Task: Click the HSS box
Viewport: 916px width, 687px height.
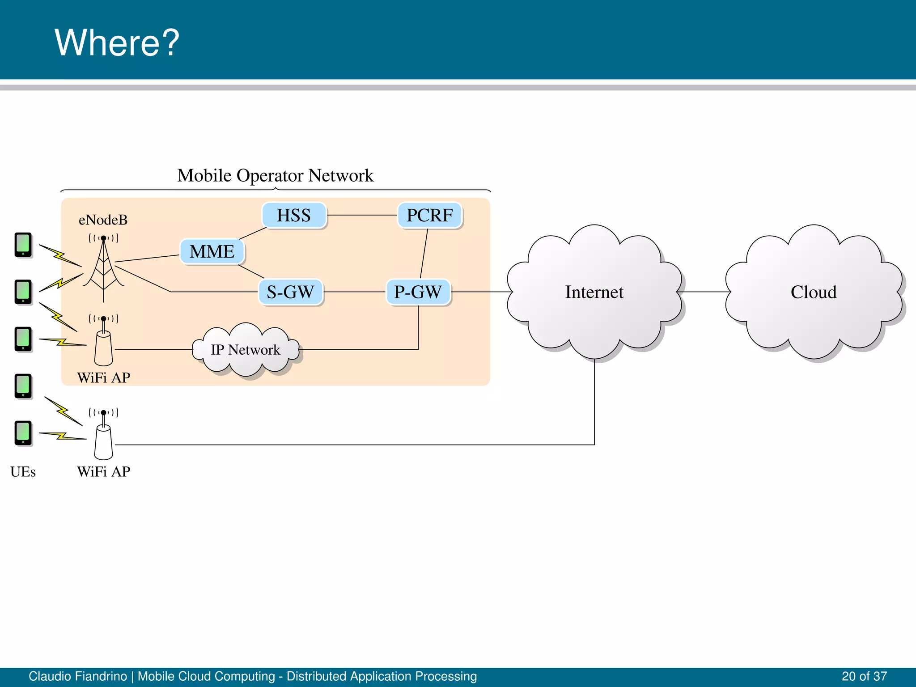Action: coord(294,216)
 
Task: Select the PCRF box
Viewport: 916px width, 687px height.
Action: coord(429,216)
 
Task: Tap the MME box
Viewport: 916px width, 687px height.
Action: coord(212,252)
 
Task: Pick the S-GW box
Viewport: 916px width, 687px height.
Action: coord(290,292)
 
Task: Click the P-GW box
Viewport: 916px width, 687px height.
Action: coord(418,292)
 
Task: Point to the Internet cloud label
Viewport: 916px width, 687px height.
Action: coord(594,292)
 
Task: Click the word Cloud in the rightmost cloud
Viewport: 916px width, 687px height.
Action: coord(813,292)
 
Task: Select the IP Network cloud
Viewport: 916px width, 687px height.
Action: coord(246,350)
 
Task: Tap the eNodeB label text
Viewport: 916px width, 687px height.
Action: coord(103,220)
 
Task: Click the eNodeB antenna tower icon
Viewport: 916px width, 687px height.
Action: coord(104,268)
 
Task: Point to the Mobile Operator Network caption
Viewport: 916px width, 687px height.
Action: coord(275,175)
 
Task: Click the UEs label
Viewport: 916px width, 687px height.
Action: coord(23,472)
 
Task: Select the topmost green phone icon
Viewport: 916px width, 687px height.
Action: coord(23,245)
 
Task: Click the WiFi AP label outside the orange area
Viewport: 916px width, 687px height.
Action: coord(104,472)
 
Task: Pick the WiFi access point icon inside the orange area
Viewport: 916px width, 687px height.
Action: coord(104,347)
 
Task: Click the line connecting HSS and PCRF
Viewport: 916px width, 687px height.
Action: coord(362,215)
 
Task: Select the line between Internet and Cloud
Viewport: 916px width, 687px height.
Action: coord(704,292)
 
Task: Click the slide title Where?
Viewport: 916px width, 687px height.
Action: coord(117,42)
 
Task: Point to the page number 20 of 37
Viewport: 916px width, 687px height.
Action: coord(864,676)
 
